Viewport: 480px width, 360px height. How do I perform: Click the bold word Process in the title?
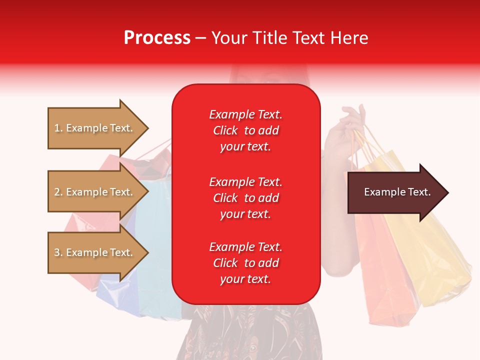click(x=157, y=38)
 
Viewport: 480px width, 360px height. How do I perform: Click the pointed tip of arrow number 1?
click(x=146, y=128)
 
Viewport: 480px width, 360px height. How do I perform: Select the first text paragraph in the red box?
click(x=245, y=130)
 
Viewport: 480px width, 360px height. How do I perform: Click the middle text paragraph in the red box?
click(x=245, y=198)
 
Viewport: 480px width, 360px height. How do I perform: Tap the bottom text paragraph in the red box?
click(x=245, y=263)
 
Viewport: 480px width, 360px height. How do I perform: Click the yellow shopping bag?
click(x=435, y=260)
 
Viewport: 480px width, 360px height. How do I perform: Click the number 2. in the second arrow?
click(x=58, y=192)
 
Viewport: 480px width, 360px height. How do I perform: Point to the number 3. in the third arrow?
click(x=58, y=252)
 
